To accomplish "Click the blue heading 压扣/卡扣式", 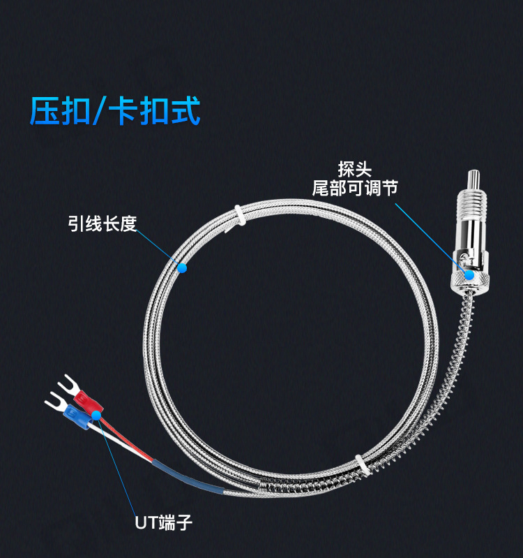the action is point(115,110).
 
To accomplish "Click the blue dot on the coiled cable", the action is point(182,267).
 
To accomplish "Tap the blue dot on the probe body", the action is point(469,274).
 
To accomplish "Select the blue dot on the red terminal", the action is point(96,415).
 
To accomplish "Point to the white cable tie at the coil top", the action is point(238,214).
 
